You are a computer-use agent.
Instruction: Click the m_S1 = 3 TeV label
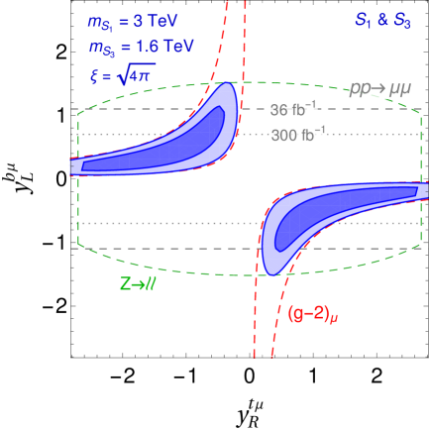[133, 20]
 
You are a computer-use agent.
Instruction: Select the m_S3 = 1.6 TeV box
[141, 48]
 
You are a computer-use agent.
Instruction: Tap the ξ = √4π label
[121, 75]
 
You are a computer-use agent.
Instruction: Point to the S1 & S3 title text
[381, 20]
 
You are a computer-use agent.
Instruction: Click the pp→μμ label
[379, 87]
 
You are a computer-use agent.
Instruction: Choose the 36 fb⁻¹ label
[293, 110]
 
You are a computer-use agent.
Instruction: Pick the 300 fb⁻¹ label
[298, 135]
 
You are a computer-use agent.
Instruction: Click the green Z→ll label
[138, 284]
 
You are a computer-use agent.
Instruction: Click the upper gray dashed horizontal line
[149, 109]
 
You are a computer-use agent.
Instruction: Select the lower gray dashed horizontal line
[149, 249]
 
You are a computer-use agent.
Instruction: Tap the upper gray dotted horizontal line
[149, 134]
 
